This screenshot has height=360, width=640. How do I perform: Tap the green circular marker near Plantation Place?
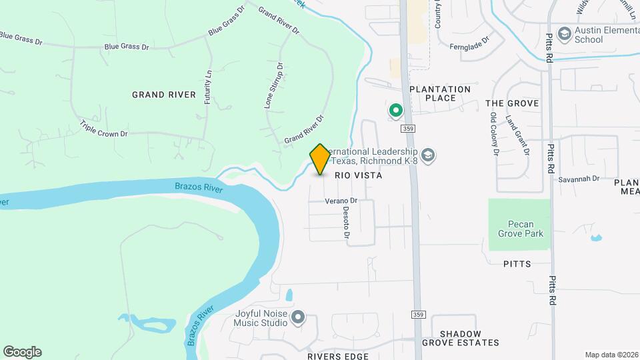tap(395, 110)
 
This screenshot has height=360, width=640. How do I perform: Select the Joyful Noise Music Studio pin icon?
tap(297, 317)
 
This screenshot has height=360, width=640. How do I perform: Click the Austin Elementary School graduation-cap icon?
tap(564, 33)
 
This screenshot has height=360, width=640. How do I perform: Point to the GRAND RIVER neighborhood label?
tap(164, 95)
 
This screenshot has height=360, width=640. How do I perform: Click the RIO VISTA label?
tap(358, 175)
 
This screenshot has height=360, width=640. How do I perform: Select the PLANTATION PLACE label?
tap(440, 93)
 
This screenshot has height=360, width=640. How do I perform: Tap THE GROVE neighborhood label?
tap(512, 103)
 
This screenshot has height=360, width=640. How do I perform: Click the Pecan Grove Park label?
tap(521, 228)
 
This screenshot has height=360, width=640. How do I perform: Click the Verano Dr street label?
tap(342, 200)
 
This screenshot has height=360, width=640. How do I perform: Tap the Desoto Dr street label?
tap(347, 222)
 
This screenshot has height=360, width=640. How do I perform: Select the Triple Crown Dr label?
tap(103, 129)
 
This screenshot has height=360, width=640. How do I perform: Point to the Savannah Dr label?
tap(579, 179)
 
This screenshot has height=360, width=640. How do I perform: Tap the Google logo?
tap(22, 352)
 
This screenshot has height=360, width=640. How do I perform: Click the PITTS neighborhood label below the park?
tap(517, 264)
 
